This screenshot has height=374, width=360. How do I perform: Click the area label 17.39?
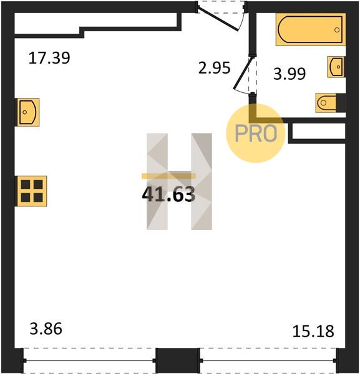[x=49, y=58]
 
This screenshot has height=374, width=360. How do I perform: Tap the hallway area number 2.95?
[x=215, y=68]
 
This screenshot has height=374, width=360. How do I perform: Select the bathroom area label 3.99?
[x=289, y=74]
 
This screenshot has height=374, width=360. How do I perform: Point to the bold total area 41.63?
[x=168, y=194]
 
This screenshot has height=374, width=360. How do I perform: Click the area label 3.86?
[x=46, y=328]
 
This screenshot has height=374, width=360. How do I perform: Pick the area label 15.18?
[x=313, y=332]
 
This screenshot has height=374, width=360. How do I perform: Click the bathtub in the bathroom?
[x=311, y=29]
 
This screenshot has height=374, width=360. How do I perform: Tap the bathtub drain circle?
[x=337, y=30]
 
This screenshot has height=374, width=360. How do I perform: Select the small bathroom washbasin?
[x=336, y=67]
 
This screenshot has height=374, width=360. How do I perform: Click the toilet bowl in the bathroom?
[x=326, y=103]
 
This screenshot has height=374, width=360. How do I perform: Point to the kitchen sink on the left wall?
[x=27, y=112]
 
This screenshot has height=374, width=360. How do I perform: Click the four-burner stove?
[x=31, y=191]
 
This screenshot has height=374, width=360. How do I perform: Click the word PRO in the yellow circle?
[x=256, y=133]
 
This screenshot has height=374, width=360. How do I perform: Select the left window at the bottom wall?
[x=89, y=360]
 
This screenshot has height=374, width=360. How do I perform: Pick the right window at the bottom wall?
[x=268, y=360]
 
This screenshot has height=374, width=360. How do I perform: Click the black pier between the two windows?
[x=178, y=360]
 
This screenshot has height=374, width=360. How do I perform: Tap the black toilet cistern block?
[x=341, y=103]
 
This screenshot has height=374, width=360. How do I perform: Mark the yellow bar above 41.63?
[x=168, y=176]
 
